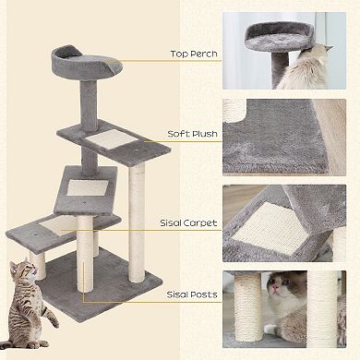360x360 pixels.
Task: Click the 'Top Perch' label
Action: [193, 54]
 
